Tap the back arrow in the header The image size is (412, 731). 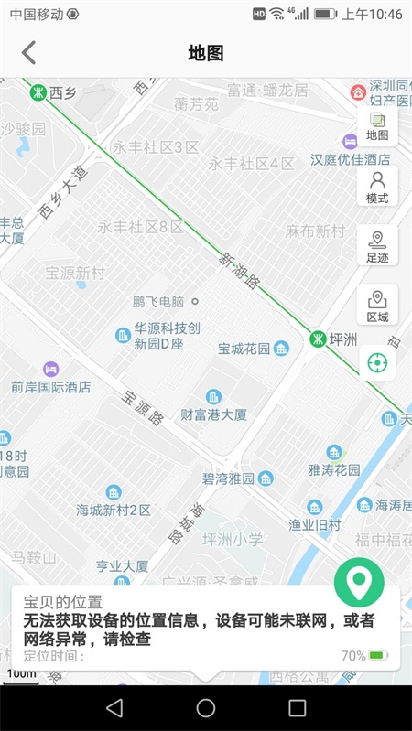pos(29,52)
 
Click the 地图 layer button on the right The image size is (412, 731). pos(377,125)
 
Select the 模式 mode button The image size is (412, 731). pos(377,188)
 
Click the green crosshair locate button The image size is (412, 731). pos(377,363)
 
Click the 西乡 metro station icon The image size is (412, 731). pos(38,91)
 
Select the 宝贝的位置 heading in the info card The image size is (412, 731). pos(62,602)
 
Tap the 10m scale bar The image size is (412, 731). pos(21,675)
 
